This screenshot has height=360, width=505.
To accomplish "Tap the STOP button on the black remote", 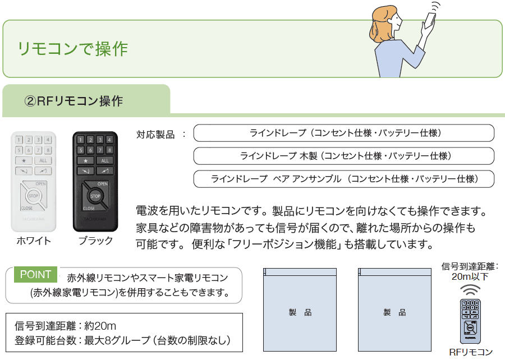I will (x=95, y=196).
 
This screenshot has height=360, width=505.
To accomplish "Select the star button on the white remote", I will (x=24, y=160).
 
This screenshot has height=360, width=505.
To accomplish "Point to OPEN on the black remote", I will (x=102, y=184).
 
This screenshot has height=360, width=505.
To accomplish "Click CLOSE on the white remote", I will (x=27, y=208).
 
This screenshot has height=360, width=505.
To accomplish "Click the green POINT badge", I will (x=35, y=275).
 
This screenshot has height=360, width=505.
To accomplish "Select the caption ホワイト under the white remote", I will (x=34, y=241).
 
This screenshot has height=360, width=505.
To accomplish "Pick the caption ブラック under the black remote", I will (x=95, y=241).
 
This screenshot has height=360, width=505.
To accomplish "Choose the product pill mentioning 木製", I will (x=343, y=156).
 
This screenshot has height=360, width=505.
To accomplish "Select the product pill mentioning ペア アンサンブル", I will (x=343, y=179).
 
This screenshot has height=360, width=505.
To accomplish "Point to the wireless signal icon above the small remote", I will (x=470, y=290).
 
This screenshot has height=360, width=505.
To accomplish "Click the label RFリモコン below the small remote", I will (x=471, y=352).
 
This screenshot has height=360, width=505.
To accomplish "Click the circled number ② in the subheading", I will (x=30, y=101).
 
